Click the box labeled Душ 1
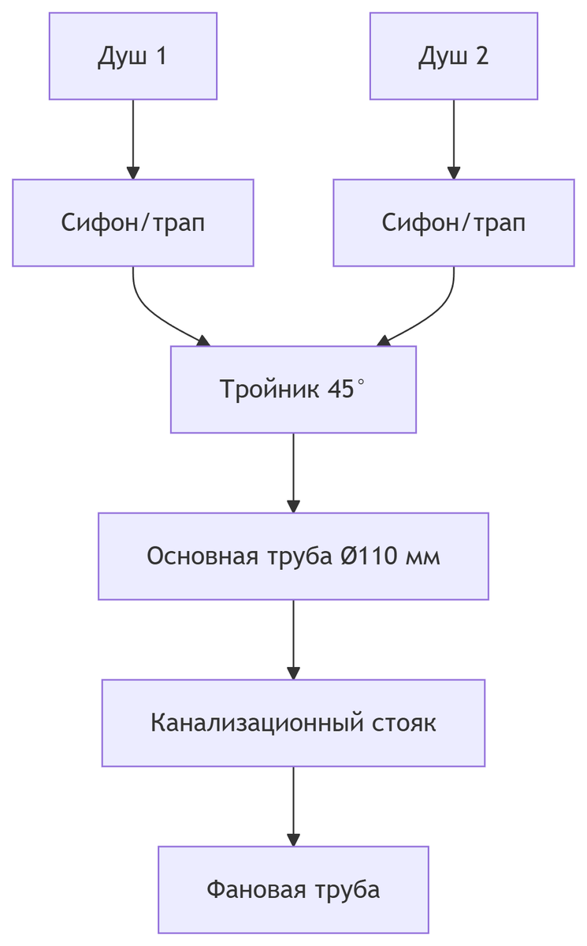point(132,56)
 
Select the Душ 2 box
point(453,56)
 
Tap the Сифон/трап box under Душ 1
point(132,222)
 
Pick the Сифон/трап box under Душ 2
point(453,222)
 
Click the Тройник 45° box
point(293,389)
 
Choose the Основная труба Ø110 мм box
point(293,556)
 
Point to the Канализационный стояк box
point(293,722)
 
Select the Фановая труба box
point(293,889)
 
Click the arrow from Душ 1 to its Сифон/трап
point(132,139)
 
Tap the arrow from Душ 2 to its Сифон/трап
point(453,139)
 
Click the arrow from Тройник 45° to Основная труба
point(293,471)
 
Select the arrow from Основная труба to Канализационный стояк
point(293,639)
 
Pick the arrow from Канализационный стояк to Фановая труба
point(293,805)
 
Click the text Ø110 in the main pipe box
point(369,556)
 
